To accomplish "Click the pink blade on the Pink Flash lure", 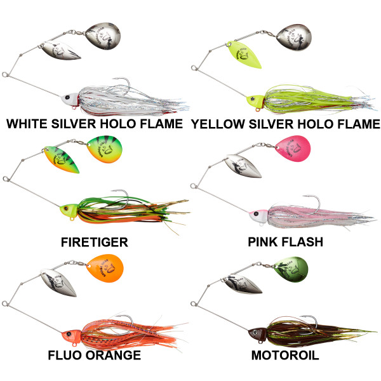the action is tap(293, 148).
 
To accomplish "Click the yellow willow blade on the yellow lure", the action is tap(244, 54).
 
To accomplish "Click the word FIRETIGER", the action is tap(94, 242).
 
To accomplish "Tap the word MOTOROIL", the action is tap(285, 355).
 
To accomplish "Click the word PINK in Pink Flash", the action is tap(262, 242).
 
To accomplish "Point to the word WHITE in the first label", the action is tap(27, 124).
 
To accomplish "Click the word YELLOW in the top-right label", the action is tap(218, 124).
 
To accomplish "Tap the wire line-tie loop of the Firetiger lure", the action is tap(6, 179).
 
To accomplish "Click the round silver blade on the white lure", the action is tap(103, 36).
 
